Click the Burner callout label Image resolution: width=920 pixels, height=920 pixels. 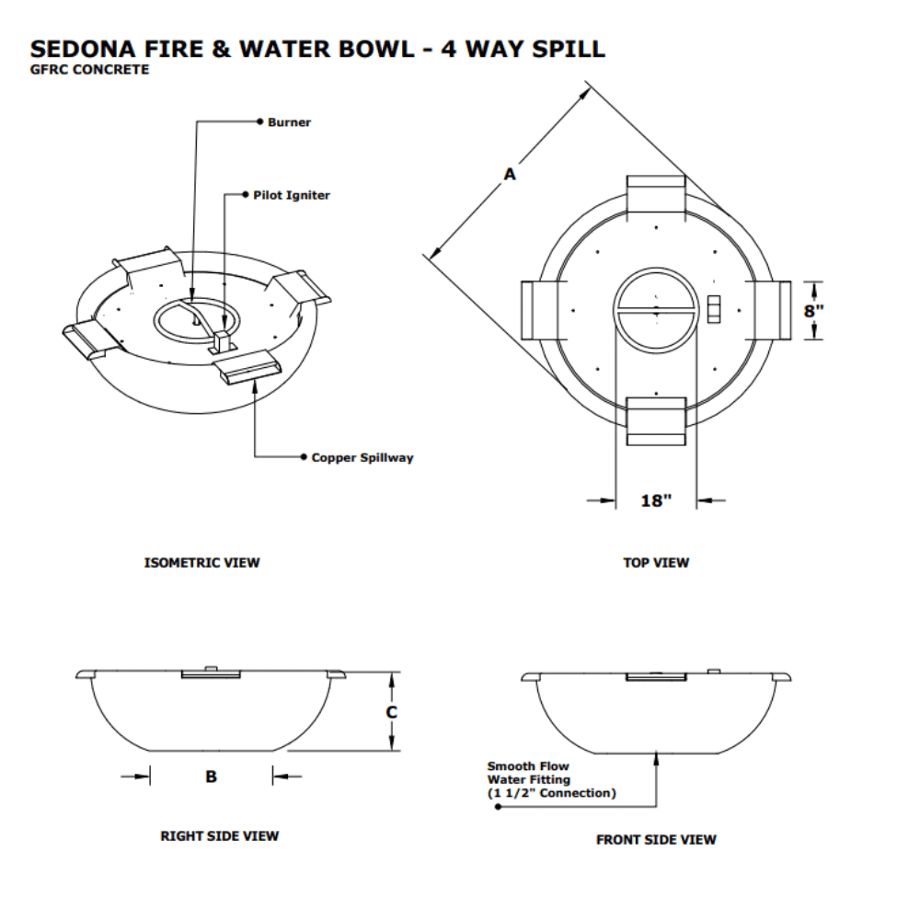289,122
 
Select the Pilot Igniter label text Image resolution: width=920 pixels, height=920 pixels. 292,195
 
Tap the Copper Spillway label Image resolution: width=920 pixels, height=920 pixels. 362,457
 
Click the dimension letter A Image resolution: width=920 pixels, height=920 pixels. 509,173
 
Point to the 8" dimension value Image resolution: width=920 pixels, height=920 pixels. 814,311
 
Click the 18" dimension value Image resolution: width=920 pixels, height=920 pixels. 656,501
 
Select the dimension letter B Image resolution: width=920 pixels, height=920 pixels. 211,776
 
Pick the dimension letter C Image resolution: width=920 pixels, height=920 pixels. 391,712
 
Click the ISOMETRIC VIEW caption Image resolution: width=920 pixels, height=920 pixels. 202,562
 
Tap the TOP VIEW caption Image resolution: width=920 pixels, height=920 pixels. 656,562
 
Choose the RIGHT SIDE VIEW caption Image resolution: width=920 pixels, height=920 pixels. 220,836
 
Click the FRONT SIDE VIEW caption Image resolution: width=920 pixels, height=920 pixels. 656,839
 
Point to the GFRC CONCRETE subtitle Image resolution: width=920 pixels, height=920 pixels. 90,70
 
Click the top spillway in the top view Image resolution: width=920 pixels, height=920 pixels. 655,195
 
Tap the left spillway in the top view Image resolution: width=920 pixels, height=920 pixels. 540,309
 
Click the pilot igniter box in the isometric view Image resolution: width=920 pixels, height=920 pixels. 222,341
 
